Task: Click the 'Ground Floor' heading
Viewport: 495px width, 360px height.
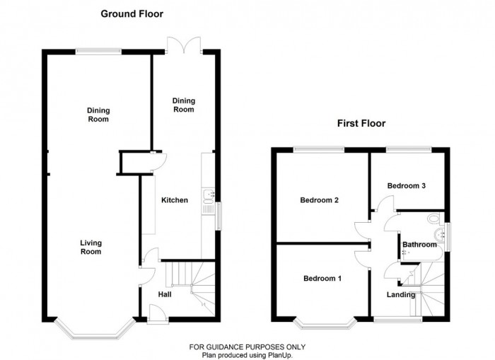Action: click(132, 13)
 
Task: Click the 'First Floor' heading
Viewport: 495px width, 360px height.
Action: click(361, 123)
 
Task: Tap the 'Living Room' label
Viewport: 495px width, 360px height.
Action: click(91, 247)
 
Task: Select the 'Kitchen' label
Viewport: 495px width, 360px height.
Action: click(175, 200)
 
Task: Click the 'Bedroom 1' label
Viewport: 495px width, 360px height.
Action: click(322, 278)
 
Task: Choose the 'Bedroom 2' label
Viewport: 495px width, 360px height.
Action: click(320, 200)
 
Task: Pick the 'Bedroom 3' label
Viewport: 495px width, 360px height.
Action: click(406, 185)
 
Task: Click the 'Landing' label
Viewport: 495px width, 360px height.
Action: click(400, 294)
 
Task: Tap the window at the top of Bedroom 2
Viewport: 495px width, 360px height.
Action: click(318, 149)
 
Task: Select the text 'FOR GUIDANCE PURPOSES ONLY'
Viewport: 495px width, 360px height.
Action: click(247, 347)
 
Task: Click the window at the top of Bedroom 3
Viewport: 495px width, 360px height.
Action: click(408, 149)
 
